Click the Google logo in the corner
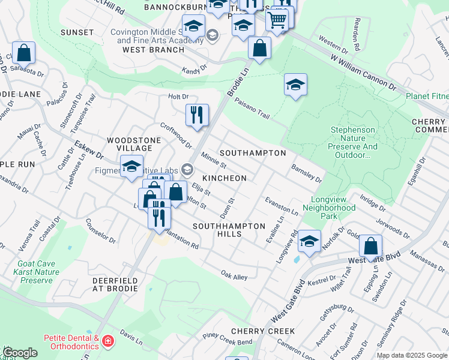[x=19, y=353]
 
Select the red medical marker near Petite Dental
[x=107, y=342]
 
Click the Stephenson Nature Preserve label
[x=354, y=142]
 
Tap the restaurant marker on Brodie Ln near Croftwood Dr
[x=197, y=114]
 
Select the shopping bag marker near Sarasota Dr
[x=24, y=53]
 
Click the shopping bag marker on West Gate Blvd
[x=371, y=245]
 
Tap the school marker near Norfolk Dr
[x=309, y=241]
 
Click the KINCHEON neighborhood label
[x=224, y=178]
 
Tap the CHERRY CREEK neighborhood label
[x=262, y=331]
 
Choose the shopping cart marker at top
[x=277, y=20]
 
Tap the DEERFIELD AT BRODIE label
[x=115, y=284]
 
